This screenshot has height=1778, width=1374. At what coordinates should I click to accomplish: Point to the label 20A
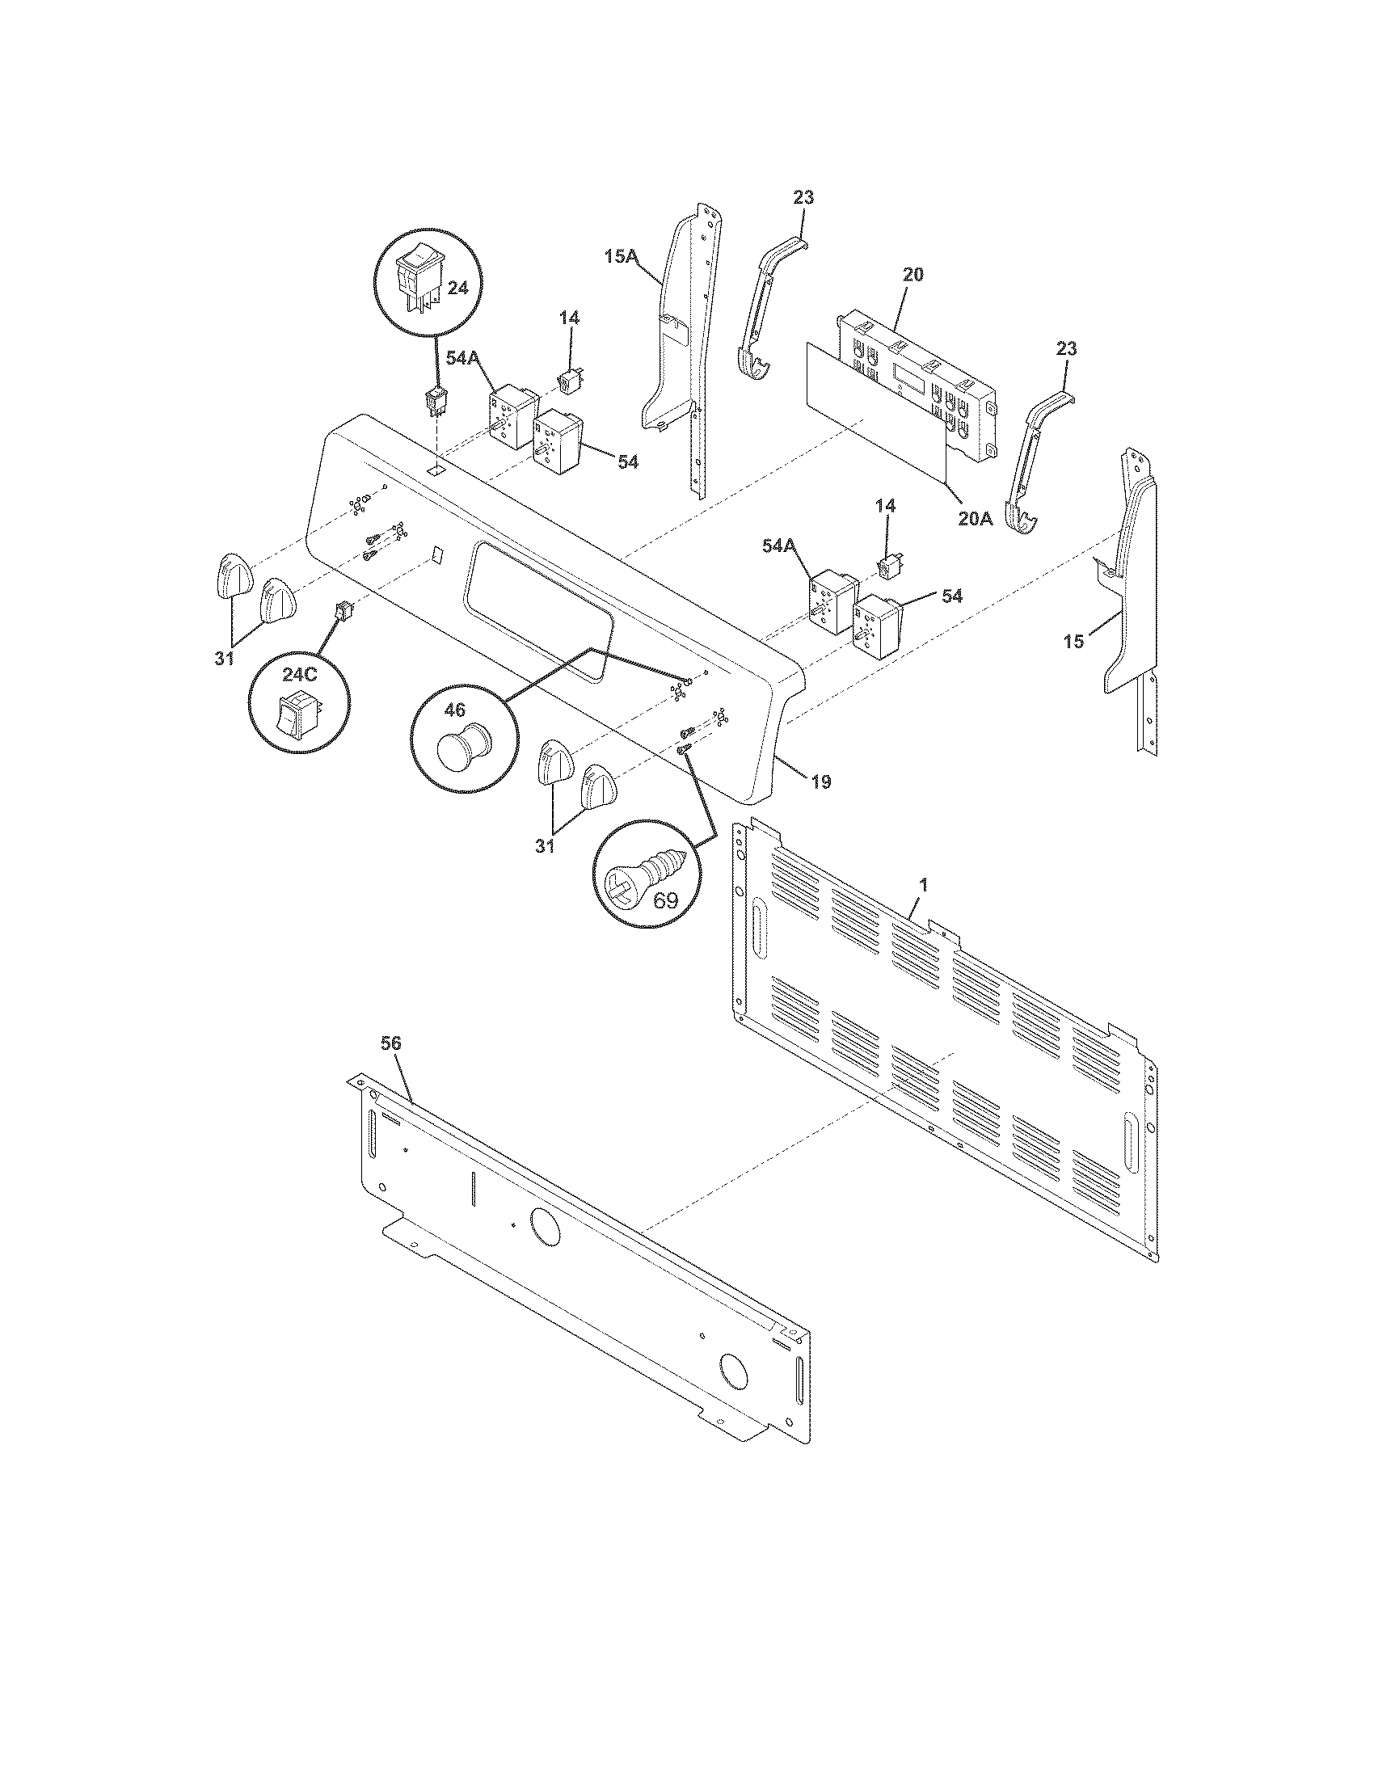click(976, 519)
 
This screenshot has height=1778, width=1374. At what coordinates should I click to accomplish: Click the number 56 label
click(390, 1043)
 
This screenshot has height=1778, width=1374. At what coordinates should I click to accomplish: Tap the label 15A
click(621, 256)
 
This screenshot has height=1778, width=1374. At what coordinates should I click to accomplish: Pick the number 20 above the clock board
click(913, 274)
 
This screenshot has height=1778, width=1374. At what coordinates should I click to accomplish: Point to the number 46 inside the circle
click(453, 710)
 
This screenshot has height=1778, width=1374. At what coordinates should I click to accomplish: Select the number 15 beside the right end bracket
click(1073, 642)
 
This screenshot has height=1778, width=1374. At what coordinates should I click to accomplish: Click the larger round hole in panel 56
click(544, 1249)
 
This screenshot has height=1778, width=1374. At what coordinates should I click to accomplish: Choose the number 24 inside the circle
click(458, 289)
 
